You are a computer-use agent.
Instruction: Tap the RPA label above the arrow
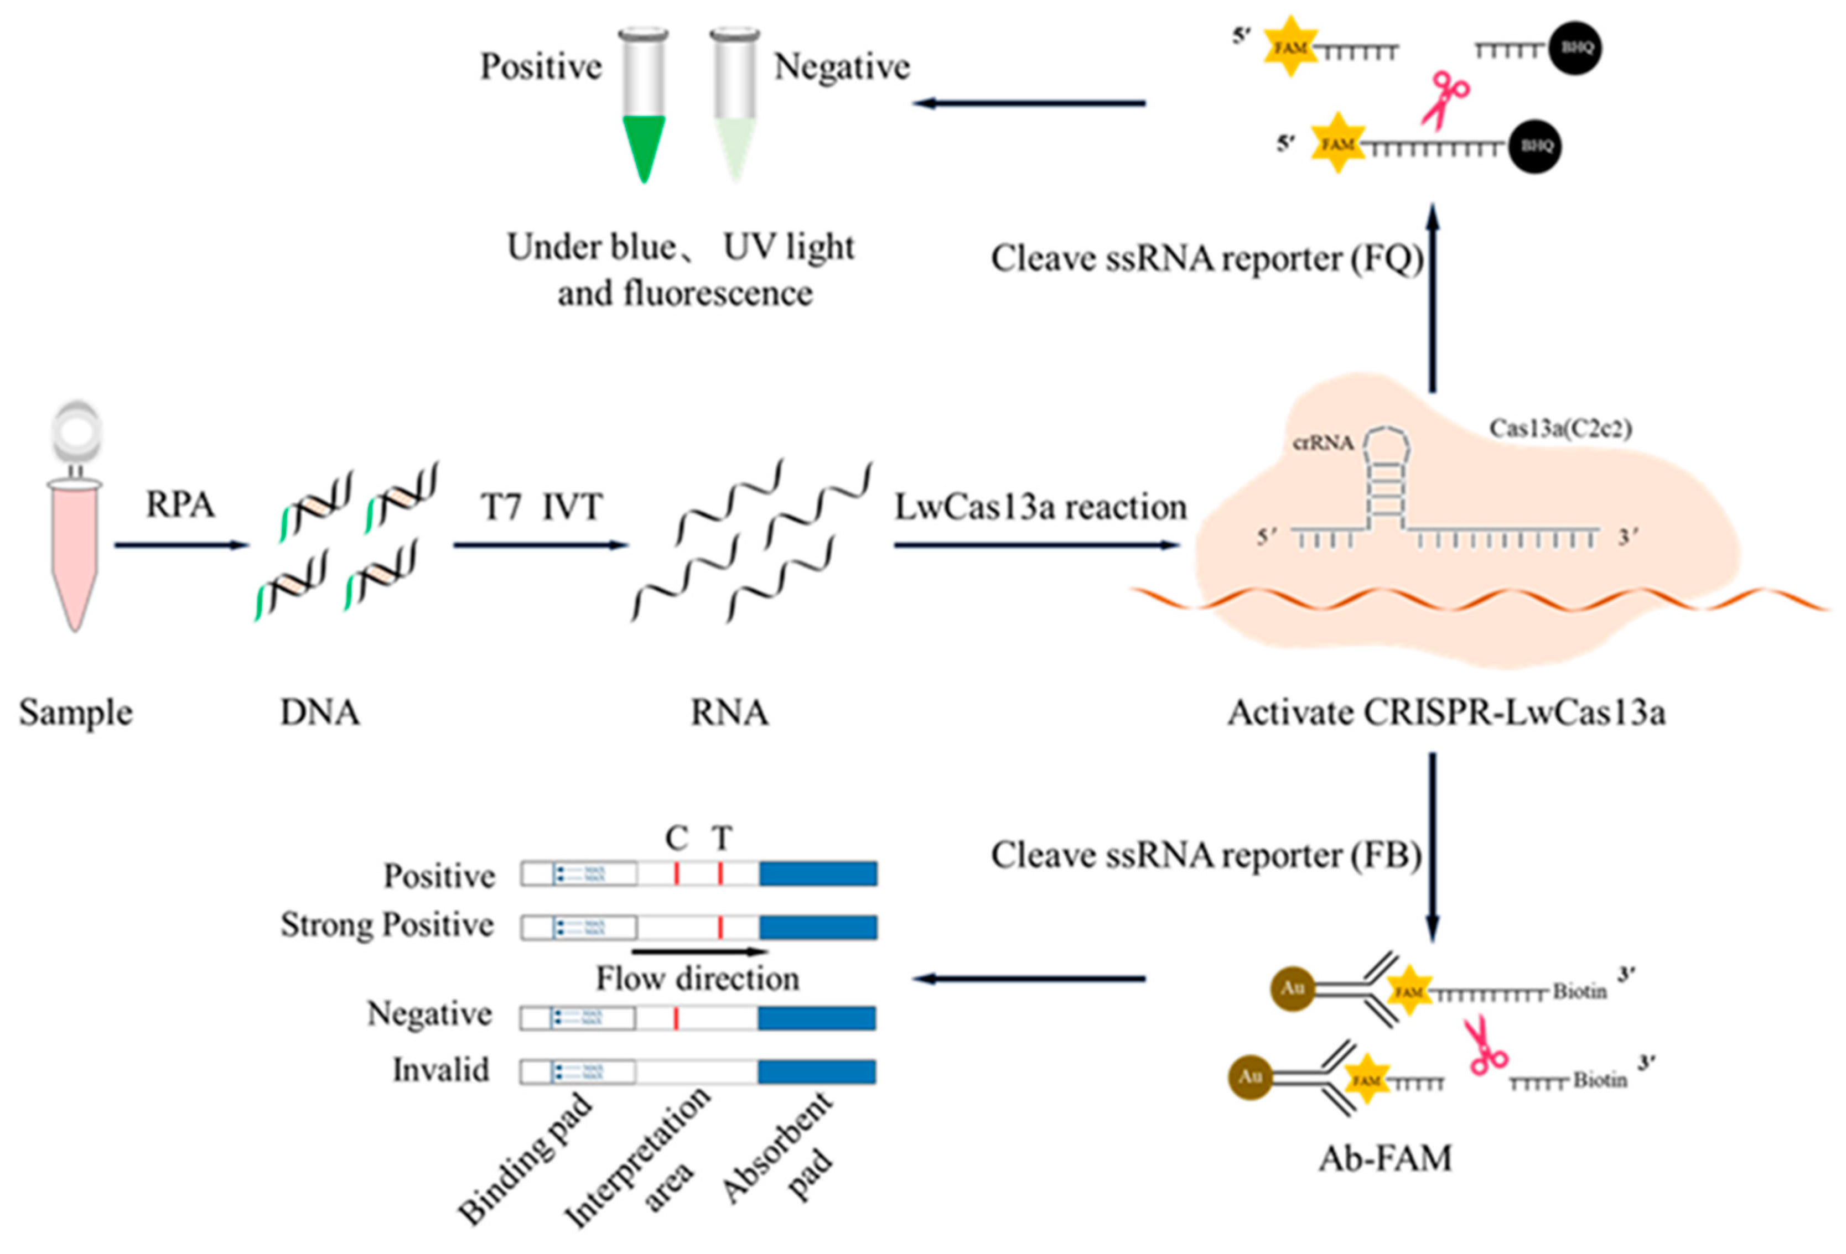(x=180, y=505)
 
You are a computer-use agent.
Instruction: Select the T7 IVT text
(x=542, y=507)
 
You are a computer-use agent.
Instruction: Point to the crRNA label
(x=1323, y=443)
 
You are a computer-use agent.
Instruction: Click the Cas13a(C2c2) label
(x=1560, y=429)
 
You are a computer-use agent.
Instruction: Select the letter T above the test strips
(x=721, y=838)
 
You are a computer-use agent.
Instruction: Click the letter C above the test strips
(x=676, y=838)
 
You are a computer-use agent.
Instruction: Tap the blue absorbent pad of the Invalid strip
(x=817, y=1071)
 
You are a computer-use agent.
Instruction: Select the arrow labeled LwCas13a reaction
(x=1036, y=545)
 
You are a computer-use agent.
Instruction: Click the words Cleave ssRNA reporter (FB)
(x=1205, y=855)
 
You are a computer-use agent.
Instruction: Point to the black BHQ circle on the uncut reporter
(x=1534, y=146)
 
